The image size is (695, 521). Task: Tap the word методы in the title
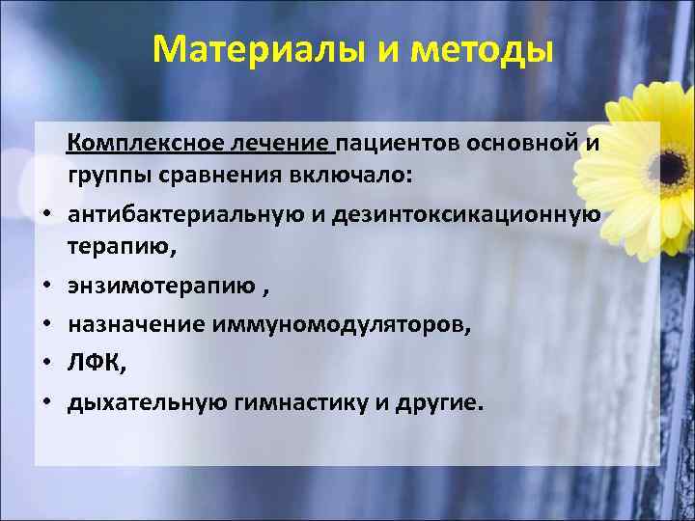(x=484, y=48)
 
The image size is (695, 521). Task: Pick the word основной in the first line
(x=521, y=145)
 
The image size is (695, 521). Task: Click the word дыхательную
(x=145, y=401)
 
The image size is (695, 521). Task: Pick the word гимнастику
(x=305, y=401)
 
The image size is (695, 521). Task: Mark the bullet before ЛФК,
(x=45, y=365)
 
